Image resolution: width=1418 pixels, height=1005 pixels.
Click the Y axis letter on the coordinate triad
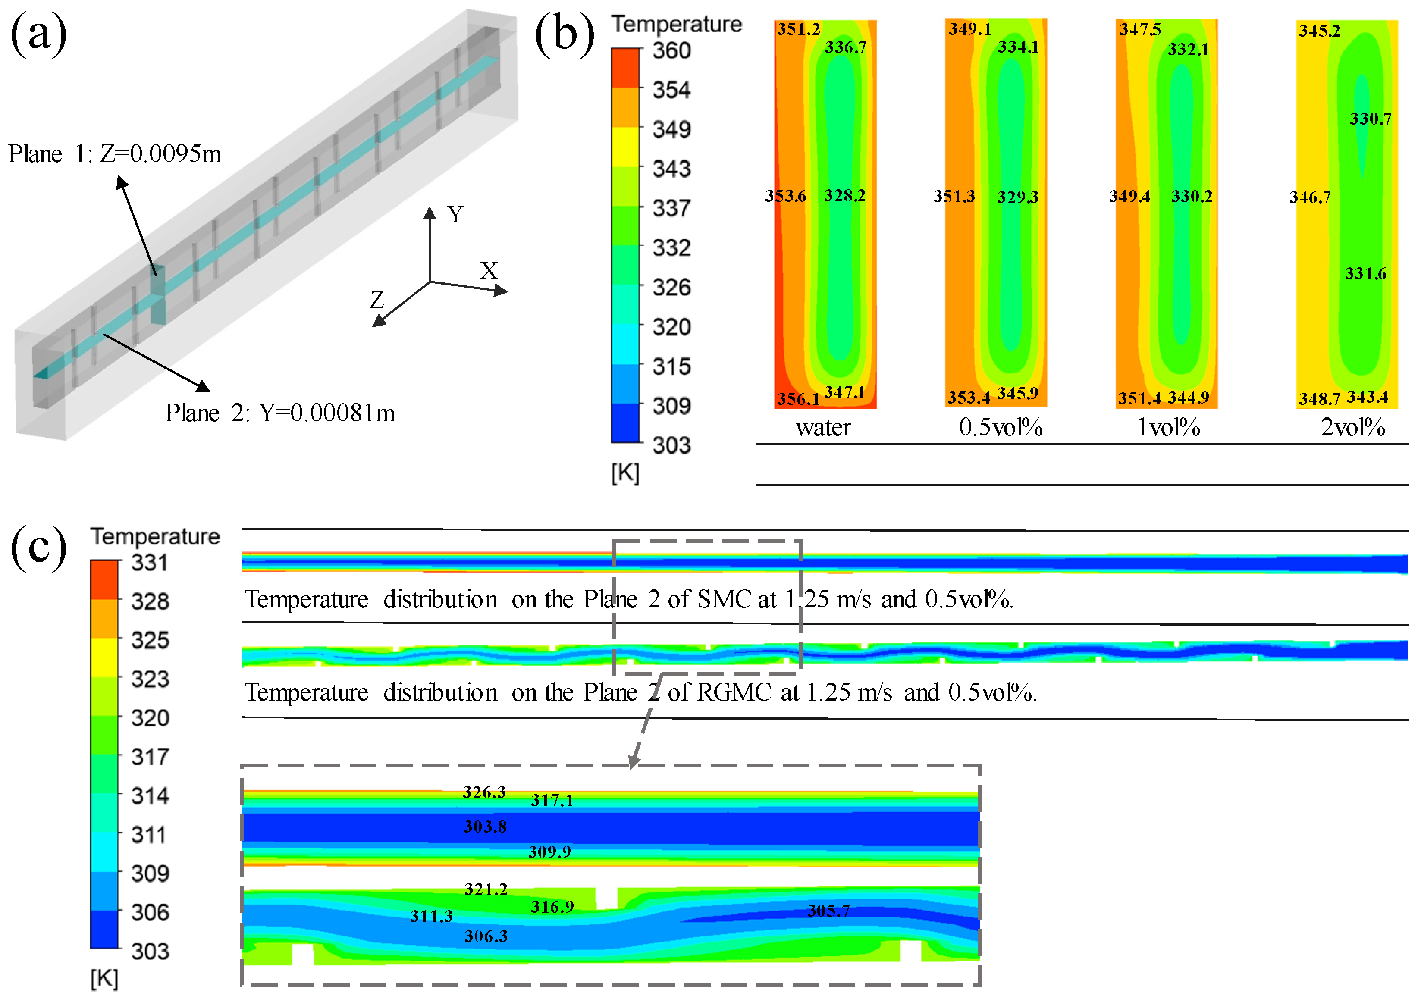coord(455,215)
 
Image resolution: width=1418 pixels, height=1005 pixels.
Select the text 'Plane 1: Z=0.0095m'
coord(115,153)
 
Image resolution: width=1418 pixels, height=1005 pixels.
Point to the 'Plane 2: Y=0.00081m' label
coord(280,413)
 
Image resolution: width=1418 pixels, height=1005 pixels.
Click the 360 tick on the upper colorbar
coord(671,50)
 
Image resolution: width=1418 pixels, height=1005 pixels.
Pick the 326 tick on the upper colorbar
coord(671,287)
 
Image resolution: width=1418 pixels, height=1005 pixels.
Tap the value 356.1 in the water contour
coord(798,398)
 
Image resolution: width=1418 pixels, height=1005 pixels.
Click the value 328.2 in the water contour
coord(844,196)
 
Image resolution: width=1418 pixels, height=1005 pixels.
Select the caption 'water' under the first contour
coord(823,427)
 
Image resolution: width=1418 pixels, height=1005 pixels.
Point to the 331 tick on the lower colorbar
coord(150,563)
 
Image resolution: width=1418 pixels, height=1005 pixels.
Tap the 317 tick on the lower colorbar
coord(150,756)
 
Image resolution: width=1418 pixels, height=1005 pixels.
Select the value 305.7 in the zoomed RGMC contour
coord(828,910)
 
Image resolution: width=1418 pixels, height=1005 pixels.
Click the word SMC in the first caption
coord(724,599)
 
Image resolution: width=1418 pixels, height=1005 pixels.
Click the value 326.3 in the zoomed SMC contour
coord(484,792)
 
